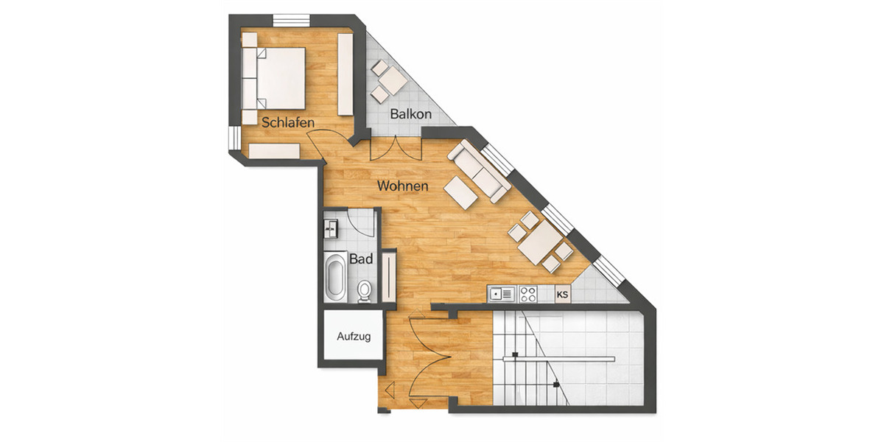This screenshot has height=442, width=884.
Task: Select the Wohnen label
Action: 402,186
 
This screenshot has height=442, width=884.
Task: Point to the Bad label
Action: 361,259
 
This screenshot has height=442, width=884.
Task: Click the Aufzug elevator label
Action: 353,337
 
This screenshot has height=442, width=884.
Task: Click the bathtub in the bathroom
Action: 336,276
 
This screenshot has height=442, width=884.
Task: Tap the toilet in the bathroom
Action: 364,290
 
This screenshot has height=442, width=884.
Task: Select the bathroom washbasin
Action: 331,228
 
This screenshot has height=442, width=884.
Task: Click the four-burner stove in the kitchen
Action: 527,295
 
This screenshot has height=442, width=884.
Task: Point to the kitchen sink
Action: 502,295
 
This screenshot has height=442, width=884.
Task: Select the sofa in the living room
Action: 480,170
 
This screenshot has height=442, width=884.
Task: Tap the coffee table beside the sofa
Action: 460,194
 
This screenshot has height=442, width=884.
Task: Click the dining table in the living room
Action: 540,242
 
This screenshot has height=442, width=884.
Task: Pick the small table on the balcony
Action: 393,80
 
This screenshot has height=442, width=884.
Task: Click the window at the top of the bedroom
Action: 292,20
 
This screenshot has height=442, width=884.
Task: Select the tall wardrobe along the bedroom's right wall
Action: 345,74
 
